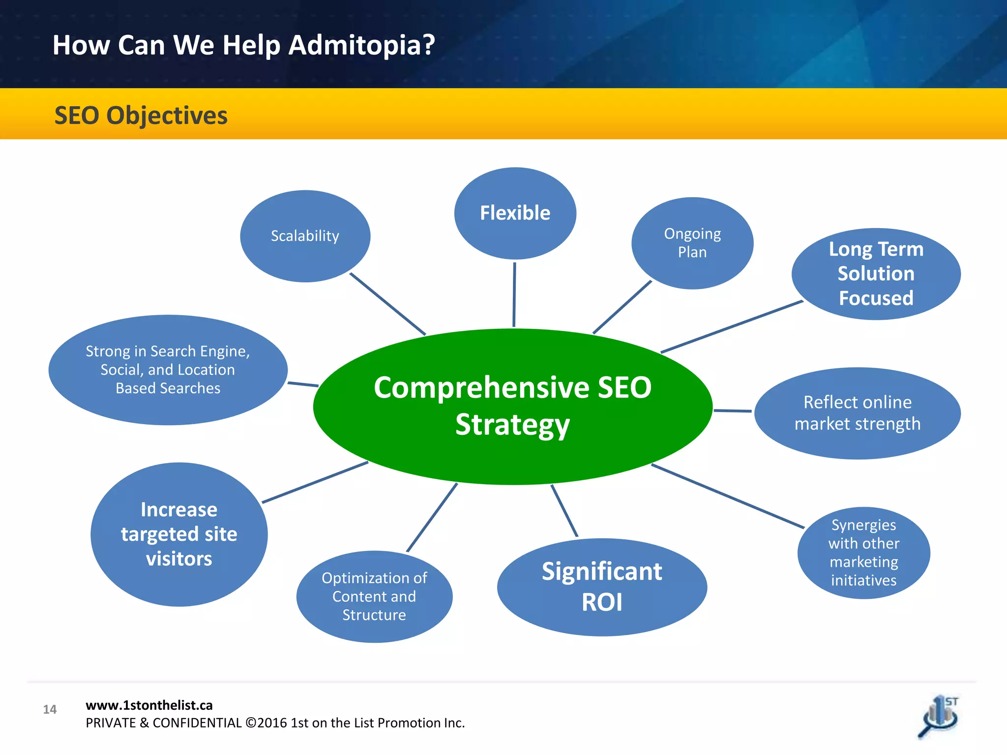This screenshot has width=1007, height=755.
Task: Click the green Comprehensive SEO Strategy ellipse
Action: [512, 406]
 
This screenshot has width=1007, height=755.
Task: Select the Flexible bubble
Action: [515, 213]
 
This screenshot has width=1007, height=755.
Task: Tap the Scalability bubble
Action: [305, 236]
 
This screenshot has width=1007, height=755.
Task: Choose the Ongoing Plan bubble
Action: [692, 243]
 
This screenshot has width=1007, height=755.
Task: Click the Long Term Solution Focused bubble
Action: [876, 274]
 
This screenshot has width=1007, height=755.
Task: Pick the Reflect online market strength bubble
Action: [857, 413]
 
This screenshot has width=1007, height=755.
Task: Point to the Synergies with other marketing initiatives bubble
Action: [863, 552]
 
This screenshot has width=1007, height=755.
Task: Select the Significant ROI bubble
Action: [602, 587]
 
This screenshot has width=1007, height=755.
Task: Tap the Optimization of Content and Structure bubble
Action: [374, 596]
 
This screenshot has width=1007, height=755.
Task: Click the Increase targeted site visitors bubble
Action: [179, 534]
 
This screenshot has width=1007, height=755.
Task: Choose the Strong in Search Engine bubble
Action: [168, 370]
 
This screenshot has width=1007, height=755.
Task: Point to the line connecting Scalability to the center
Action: [387, 303]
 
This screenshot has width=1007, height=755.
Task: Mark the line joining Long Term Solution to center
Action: [732, 326]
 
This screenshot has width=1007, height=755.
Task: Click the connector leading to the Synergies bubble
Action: [728, 496]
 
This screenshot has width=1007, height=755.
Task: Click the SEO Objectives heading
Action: [141, 116]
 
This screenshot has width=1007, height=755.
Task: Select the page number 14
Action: [50, 709]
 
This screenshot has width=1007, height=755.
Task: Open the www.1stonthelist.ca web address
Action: [149, 705]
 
